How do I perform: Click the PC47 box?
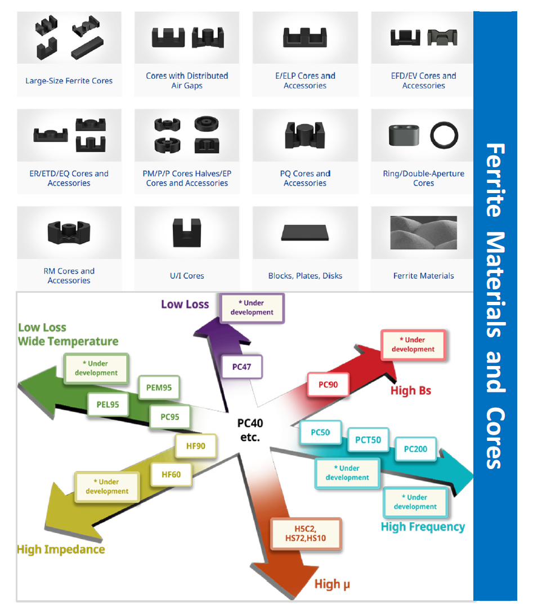pyautogui.click(x=241, y=367)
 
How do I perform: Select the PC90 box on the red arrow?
pyautogui.click(x=328, y=385)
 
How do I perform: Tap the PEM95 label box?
pyautogui.click(x=159, y=387)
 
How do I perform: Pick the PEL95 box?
pyautogui.click(x=108, y=404)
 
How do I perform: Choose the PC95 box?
pyautogui.click(x=170, y=417)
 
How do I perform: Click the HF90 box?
pyautogui.click(x=195, y=446)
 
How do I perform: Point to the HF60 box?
pyautogui.click(x=171, y=475)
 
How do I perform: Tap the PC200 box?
pyautogui.click(x=415, y=449)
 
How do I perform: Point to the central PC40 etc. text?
pyautogui.click(x=250, y=430)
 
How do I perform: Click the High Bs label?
pyautogui.click(x=411, y=390)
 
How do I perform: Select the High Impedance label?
pyautogui.click(x=61, y=549)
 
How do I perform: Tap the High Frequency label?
pyautogui.click(x=423, y=527)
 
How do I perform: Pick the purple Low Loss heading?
pyautogui.click(x=185, y=304)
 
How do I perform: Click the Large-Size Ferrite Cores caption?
pyautogui.click(x=69, y=81)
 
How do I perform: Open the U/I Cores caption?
pyautogui.click(x=187, y=276)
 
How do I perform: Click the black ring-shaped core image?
pyautogui.click(x=444, y=135)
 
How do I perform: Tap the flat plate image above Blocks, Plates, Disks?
pyautogui.click(x=305, y=233)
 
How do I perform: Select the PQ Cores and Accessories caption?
pyautogui.click(x=305, y=178)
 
